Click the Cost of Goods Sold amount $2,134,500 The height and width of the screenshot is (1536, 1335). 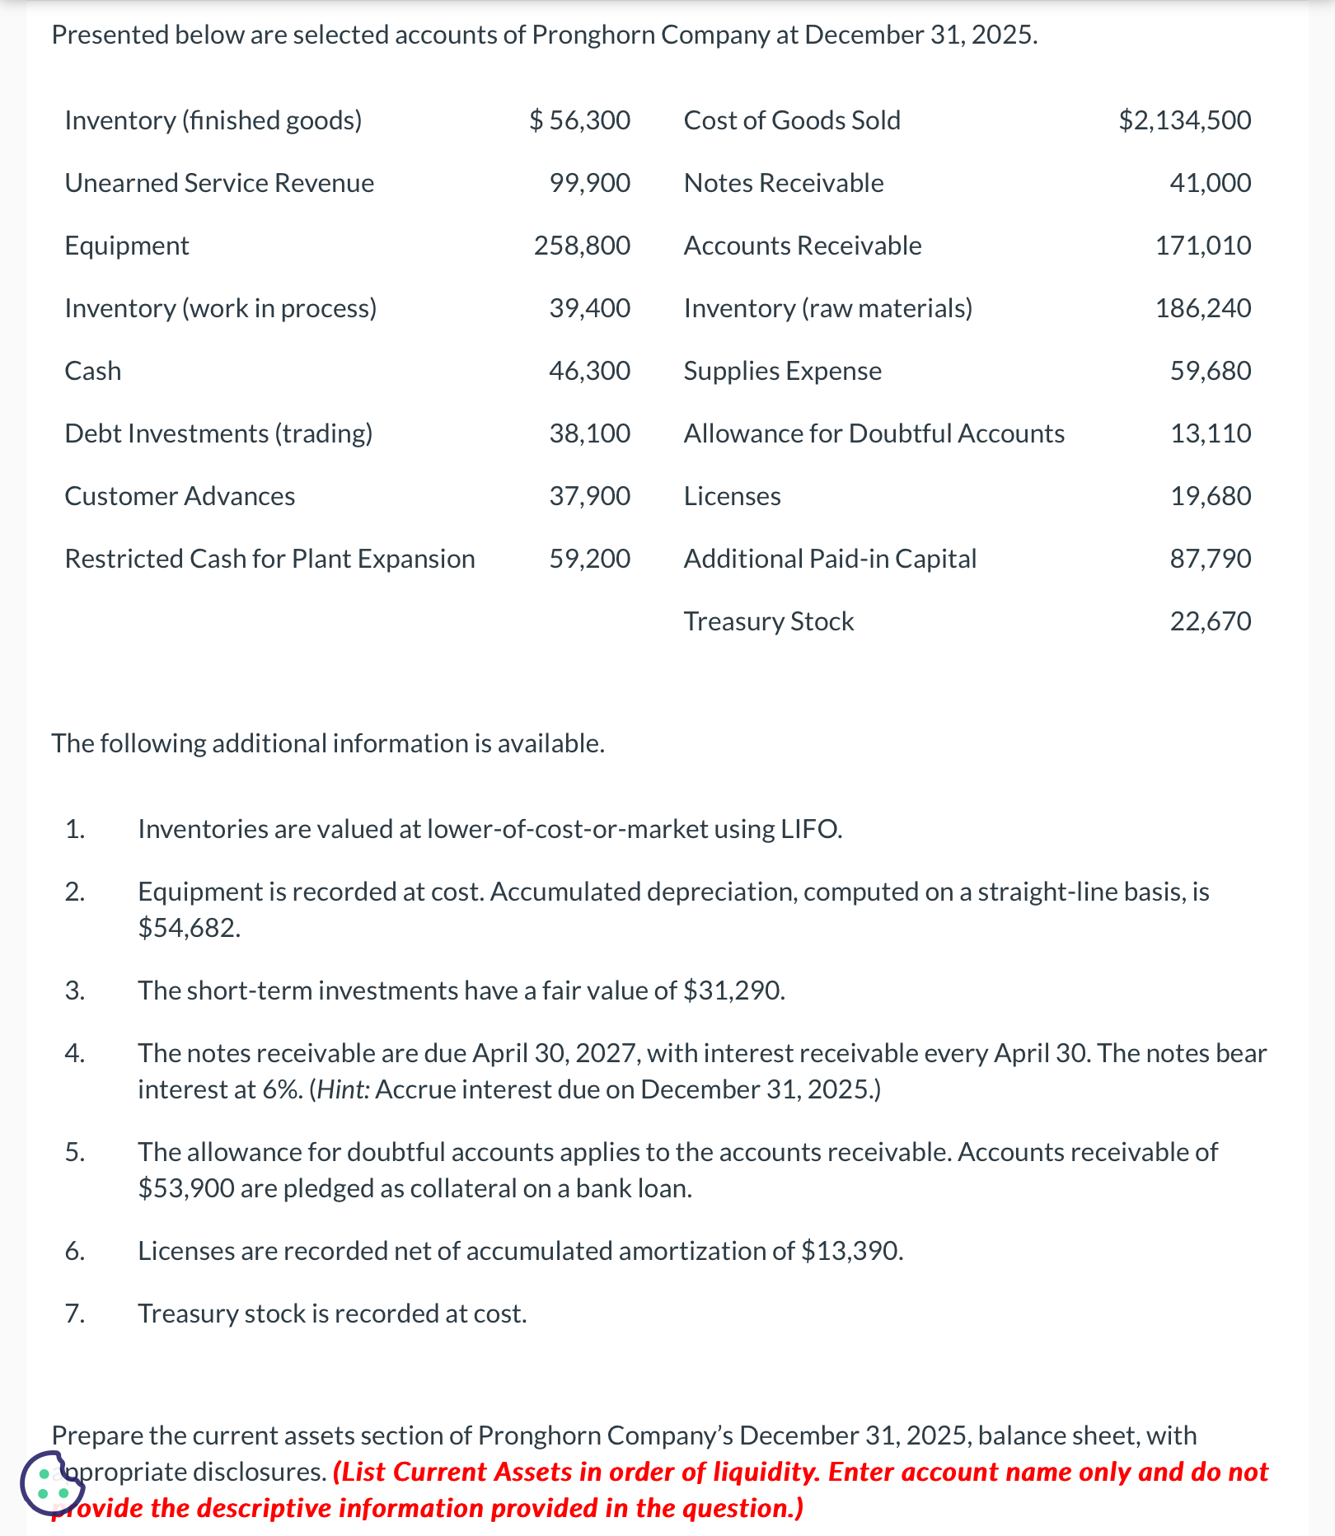click(1184, 120)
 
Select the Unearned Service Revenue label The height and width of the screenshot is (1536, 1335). click(219, 183)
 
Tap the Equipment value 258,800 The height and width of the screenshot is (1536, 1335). click(582, 246)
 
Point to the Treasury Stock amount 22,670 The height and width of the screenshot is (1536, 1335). click(1211, 621)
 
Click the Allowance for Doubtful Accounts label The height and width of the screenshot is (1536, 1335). click(874, 433)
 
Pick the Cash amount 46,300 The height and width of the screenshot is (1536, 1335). click(589, 371)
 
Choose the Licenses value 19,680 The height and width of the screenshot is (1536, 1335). click(1211, 496)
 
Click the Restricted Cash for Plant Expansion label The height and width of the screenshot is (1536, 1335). click(269, 559)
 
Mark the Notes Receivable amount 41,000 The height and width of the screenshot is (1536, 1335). click(1210, 183)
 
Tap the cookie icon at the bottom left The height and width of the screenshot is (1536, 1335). click(52, 1484)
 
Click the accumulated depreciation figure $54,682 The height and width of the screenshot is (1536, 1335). click(189, 929)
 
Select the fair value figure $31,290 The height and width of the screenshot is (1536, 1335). click(733, 990)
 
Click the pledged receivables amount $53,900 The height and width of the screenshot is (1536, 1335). click(186, 1188)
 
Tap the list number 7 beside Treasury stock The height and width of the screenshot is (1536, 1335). click(75, 1314)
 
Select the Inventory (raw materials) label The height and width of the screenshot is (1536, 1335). click(827, 308)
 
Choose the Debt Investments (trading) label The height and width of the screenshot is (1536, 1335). click(218, 433)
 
